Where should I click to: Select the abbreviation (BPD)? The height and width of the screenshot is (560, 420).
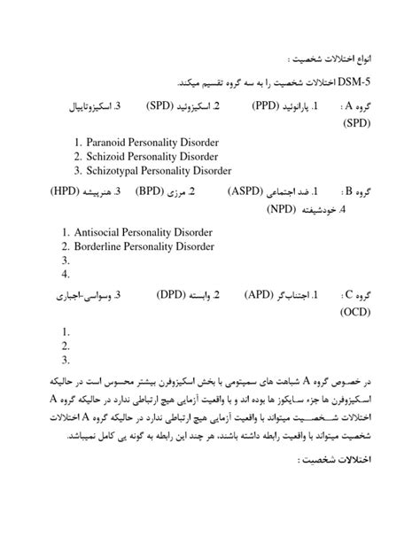tap(156, 191)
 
